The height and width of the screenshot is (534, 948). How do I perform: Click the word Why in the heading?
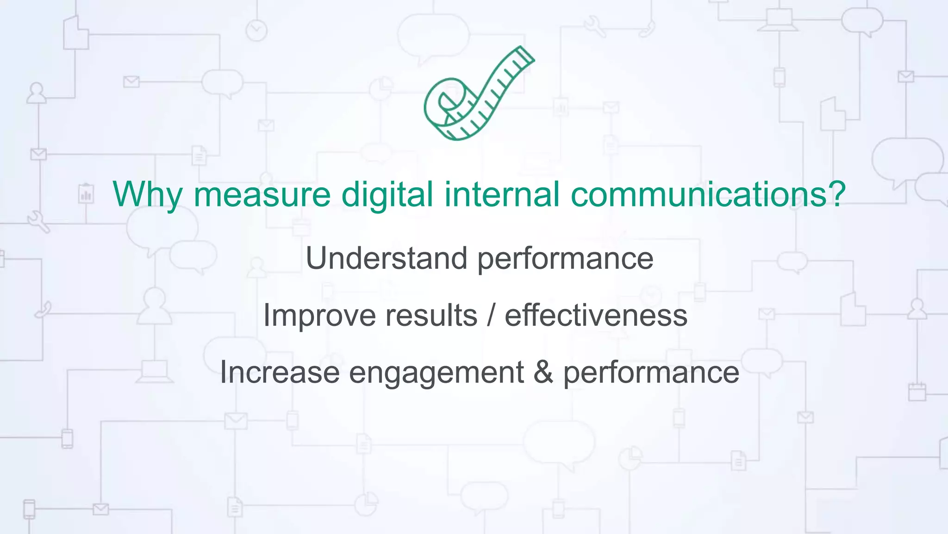pos(147,194)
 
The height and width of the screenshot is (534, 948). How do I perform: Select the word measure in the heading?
pos(262,194)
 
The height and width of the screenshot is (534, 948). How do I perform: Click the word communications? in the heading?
pos(708,194)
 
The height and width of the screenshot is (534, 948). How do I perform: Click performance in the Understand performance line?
pos(565,259)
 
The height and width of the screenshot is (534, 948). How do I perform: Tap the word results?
pos(431,316)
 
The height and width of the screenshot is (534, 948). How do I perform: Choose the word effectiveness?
pos(596,316)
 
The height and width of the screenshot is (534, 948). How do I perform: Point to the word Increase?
pos(280,372)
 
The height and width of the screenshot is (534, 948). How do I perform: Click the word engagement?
pos(436,373)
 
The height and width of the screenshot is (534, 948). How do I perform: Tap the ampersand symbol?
pos(543,372)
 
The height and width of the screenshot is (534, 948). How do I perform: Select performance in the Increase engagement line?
pos(651,373)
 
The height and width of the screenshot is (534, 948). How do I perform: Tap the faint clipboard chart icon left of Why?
pos(86,194)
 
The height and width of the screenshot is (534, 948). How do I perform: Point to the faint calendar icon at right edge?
pos(917,392)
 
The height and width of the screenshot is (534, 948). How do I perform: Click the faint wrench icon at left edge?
pos(38,222)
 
